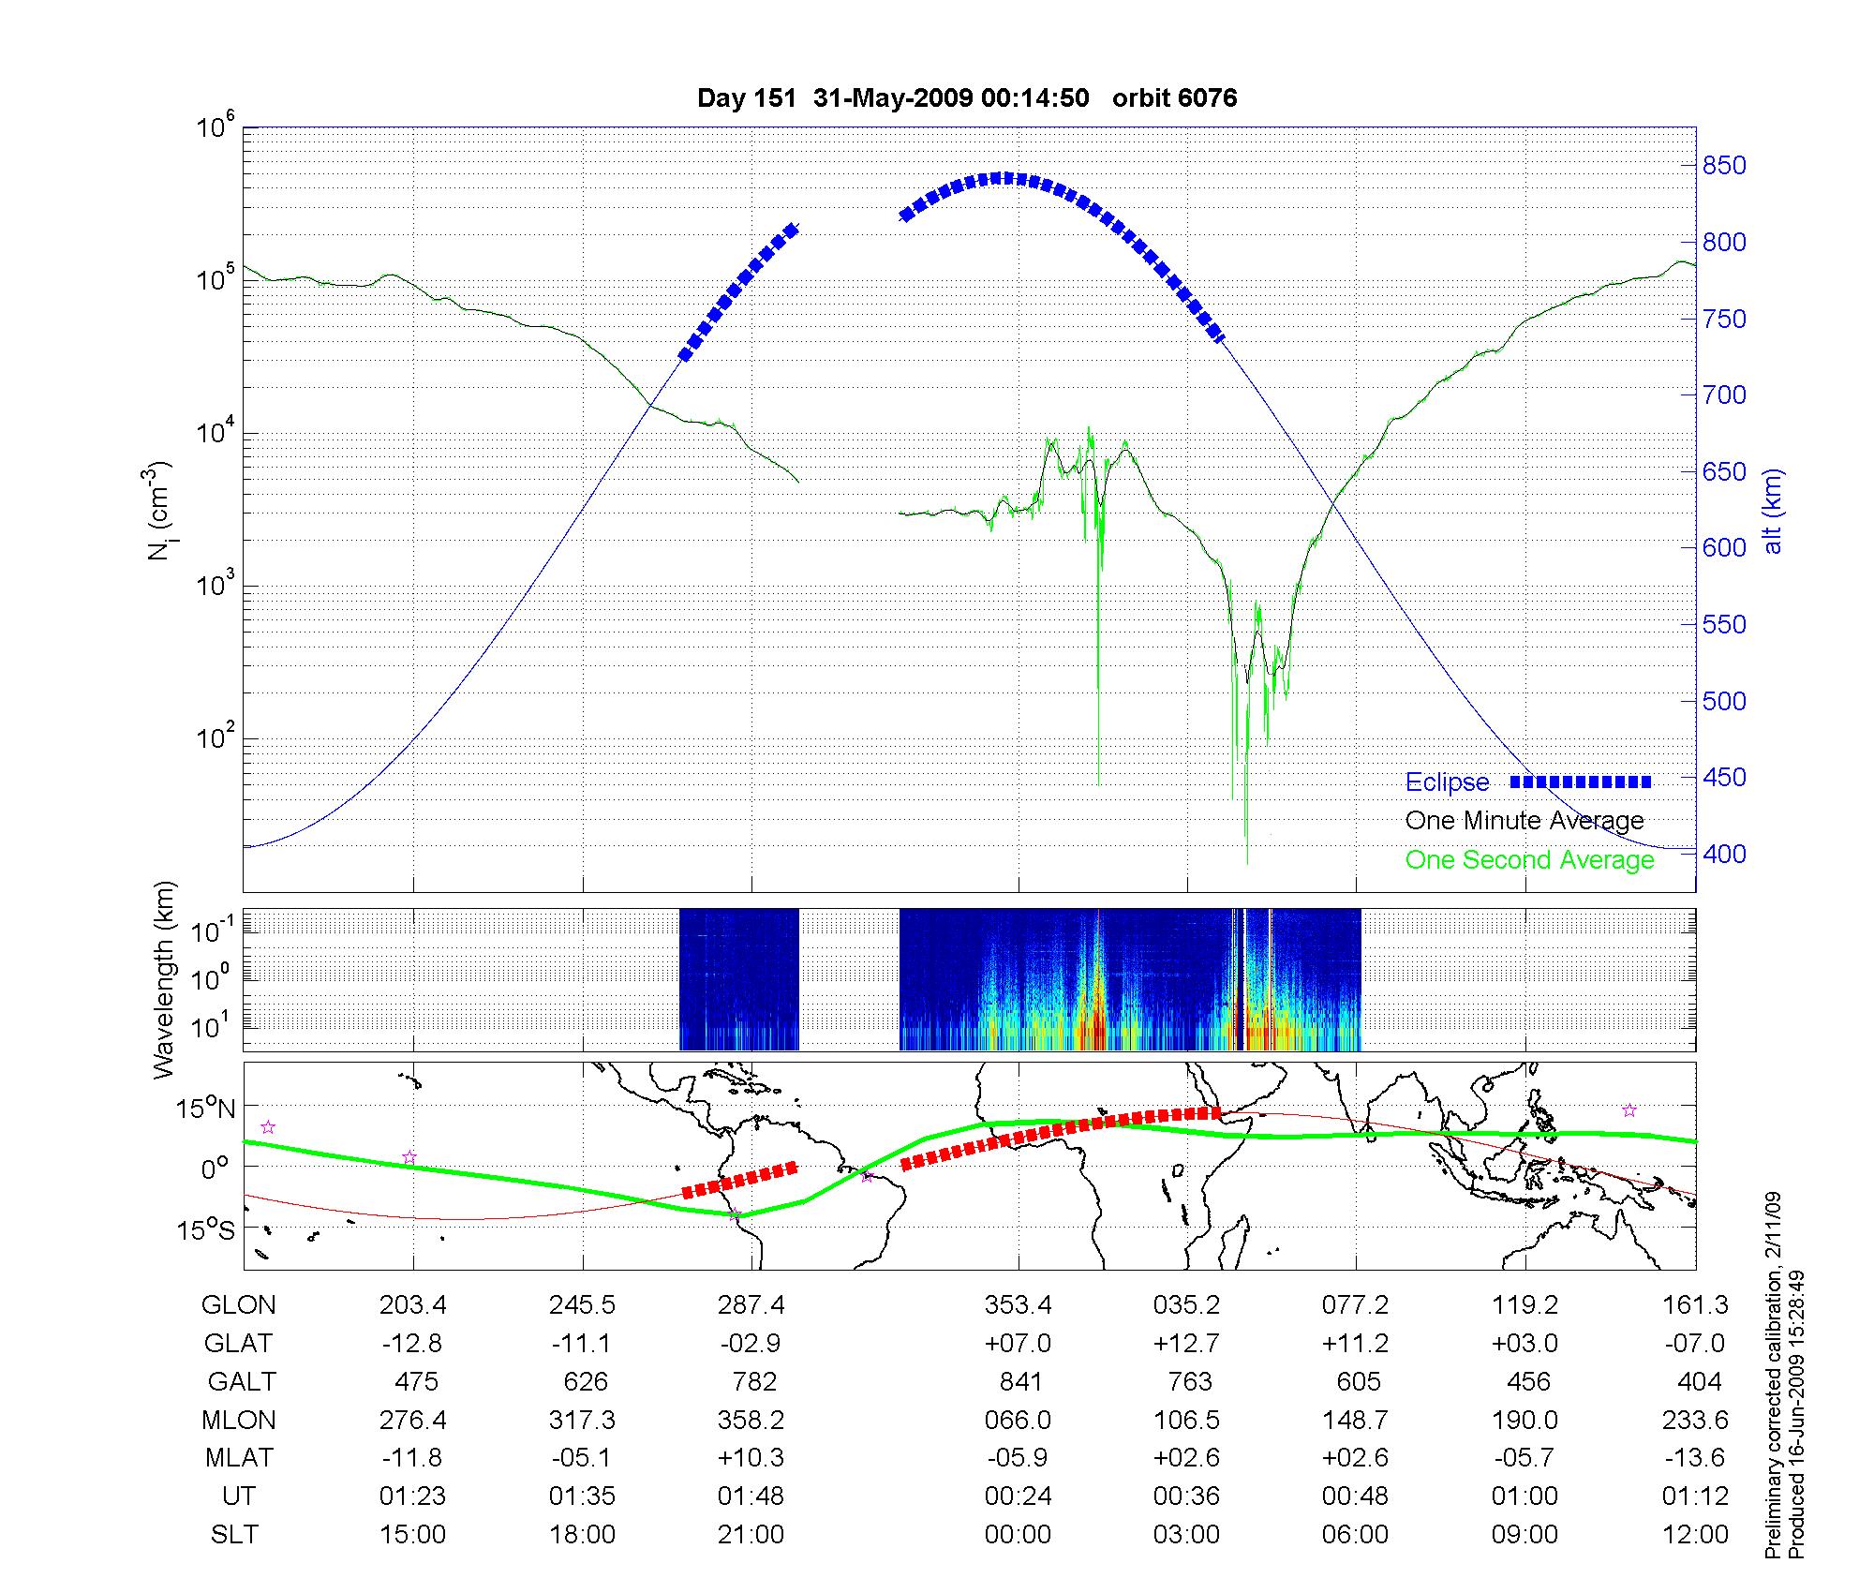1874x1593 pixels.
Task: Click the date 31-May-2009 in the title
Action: (892, 98)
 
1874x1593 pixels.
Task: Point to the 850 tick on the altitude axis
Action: (1725, 166)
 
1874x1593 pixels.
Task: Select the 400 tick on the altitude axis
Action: (1725, 855)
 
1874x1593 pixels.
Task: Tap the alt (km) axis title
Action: (1773, 511)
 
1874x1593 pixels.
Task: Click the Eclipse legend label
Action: (1447, 782)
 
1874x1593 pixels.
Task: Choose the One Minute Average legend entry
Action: (1524, 821)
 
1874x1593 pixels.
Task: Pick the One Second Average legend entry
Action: (1529, 860)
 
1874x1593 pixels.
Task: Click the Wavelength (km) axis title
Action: (165, 980)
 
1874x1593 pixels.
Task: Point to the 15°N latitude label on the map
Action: (205, 1109)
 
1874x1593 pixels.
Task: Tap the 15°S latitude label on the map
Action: (206, 1229)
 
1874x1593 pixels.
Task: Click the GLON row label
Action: (239, 1305)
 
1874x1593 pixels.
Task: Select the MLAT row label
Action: (239, 1458)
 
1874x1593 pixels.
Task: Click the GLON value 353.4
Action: (1018, 1305)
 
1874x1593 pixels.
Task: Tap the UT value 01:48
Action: (751, 1496)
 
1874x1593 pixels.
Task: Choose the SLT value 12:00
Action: (1695, 1535)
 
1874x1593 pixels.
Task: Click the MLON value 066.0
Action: (1018, 1421)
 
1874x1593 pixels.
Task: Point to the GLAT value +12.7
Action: (1186, 1344)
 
